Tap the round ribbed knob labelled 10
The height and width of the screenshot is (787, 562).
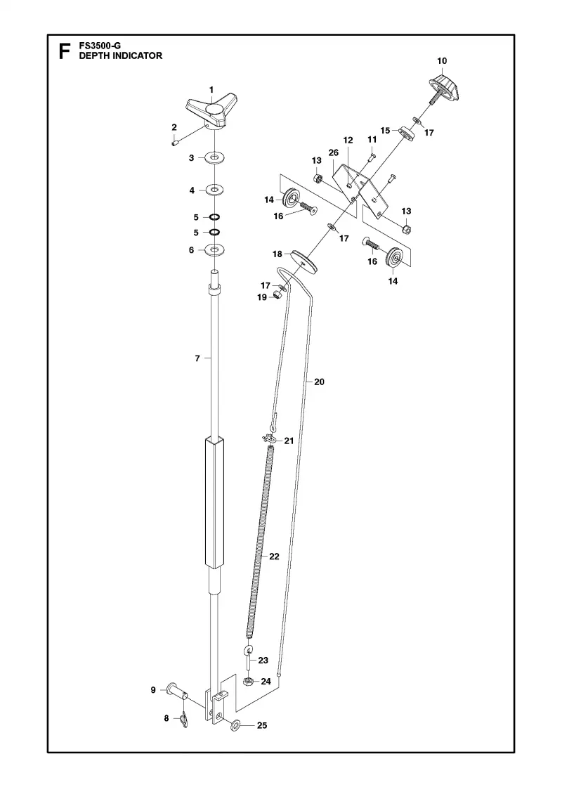pyautogui.click(x=444, y=87)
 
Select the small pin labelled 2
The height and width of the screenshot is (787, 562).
pyautogui.click(x=175, y=143)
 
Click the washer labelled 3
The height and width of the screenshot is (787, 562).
pyautogui.click(x=214, y=159)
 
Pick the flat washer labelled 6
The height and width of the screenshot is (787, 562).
pyautogui.click(x=214, y=249)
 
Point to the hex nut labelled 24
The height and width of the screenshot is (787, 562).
pyautogui.click(x=247, y=681)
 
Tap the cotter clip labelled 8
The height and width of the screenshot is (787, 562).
pyautogui.click(x=183, y=719)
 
